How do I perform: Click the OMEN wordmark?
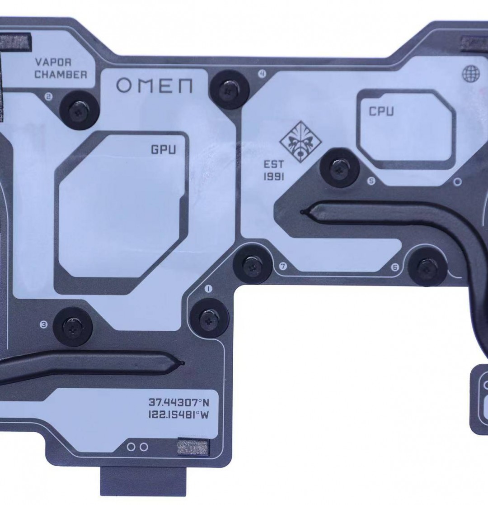pos(154,86)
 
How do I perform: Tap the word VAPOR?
pos(53,62)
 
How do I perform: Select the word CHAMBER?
pos(61,75)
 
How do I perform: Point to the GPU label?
pos(163,150)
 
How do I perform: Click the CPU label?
pos(381,111)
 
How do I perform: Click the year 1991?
pos(274,177)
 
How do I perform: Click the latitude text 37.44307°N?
pos(179,402)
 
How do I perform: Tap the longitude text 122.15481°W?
pos(178,414)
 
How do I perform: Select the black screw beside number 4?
pos(229,89)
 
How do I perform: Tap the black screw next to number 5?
pos(339,167)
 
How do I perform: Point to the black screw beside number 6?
pos(427,266)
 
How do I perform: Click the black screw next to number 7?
pos(252,264)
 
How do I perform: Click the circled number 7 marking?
pos(283,267)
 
